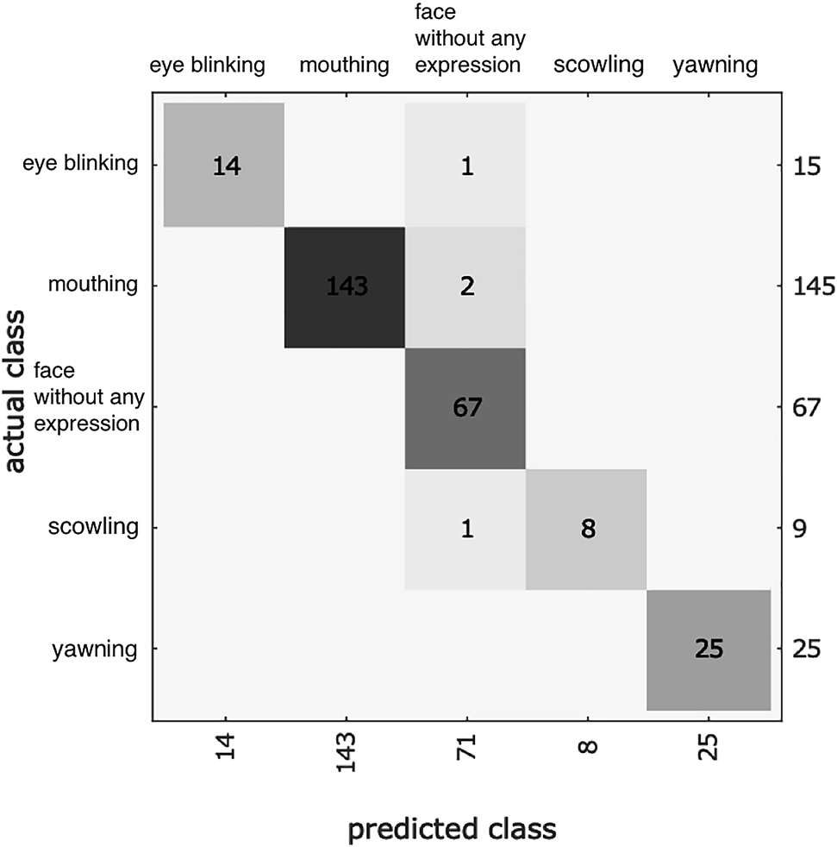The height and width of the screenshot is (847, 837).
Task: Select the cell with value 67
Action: (x=466, y=407)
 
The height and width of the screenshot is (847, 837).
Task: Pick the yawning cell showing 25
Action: (x=708, y=649)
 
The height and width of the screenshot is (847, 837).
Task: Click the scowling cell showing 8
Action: (x=587, y=529)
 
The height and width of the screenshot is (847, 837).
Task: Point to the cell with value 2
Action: (x=466, y=287)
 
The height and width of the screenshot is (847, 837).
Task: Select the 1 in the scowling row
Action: (x=466, y=529)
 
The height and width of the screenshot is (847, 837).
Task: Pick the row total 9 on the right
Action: (x=798, y=528)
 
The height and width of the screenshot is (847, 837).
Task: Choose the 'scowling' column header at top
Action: (x=598, y=64)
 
